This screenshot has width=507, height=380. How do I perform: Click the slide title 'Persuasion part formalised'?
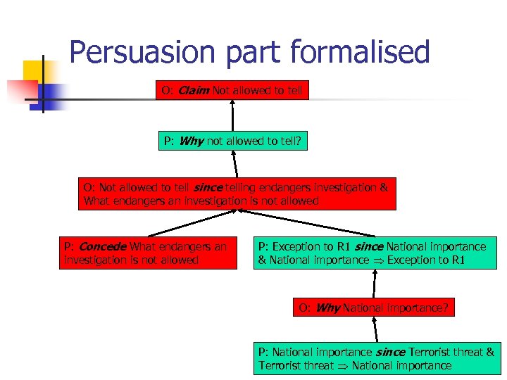(x=249, y=52)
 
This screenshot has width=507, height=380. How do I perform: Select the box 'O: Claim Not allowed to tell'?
(x=232, y=91)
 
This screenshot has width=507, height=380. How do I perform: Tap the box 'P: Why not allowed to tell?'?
(x=232, y=141)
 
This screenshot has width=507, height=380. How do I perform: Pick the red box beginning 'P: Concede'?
(x=147, y=253)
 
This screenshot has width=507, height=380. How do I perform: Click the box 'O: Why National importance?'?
(x=373, y=308)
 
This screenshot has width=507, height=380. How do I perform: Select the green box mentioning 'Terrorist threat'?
(x=376, y=358)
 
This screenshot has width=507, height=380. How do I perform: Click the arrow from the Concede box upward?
(x=191, y=224)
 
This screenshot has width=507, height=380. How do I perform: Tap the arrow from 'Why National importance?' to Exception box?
(x=374, y=284)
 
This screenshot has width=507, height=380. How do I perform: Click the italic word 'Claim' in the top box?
(x=194, y=91)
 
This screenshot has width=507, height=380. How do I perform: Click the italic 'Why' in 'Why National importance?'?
(x=328, y=308)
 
